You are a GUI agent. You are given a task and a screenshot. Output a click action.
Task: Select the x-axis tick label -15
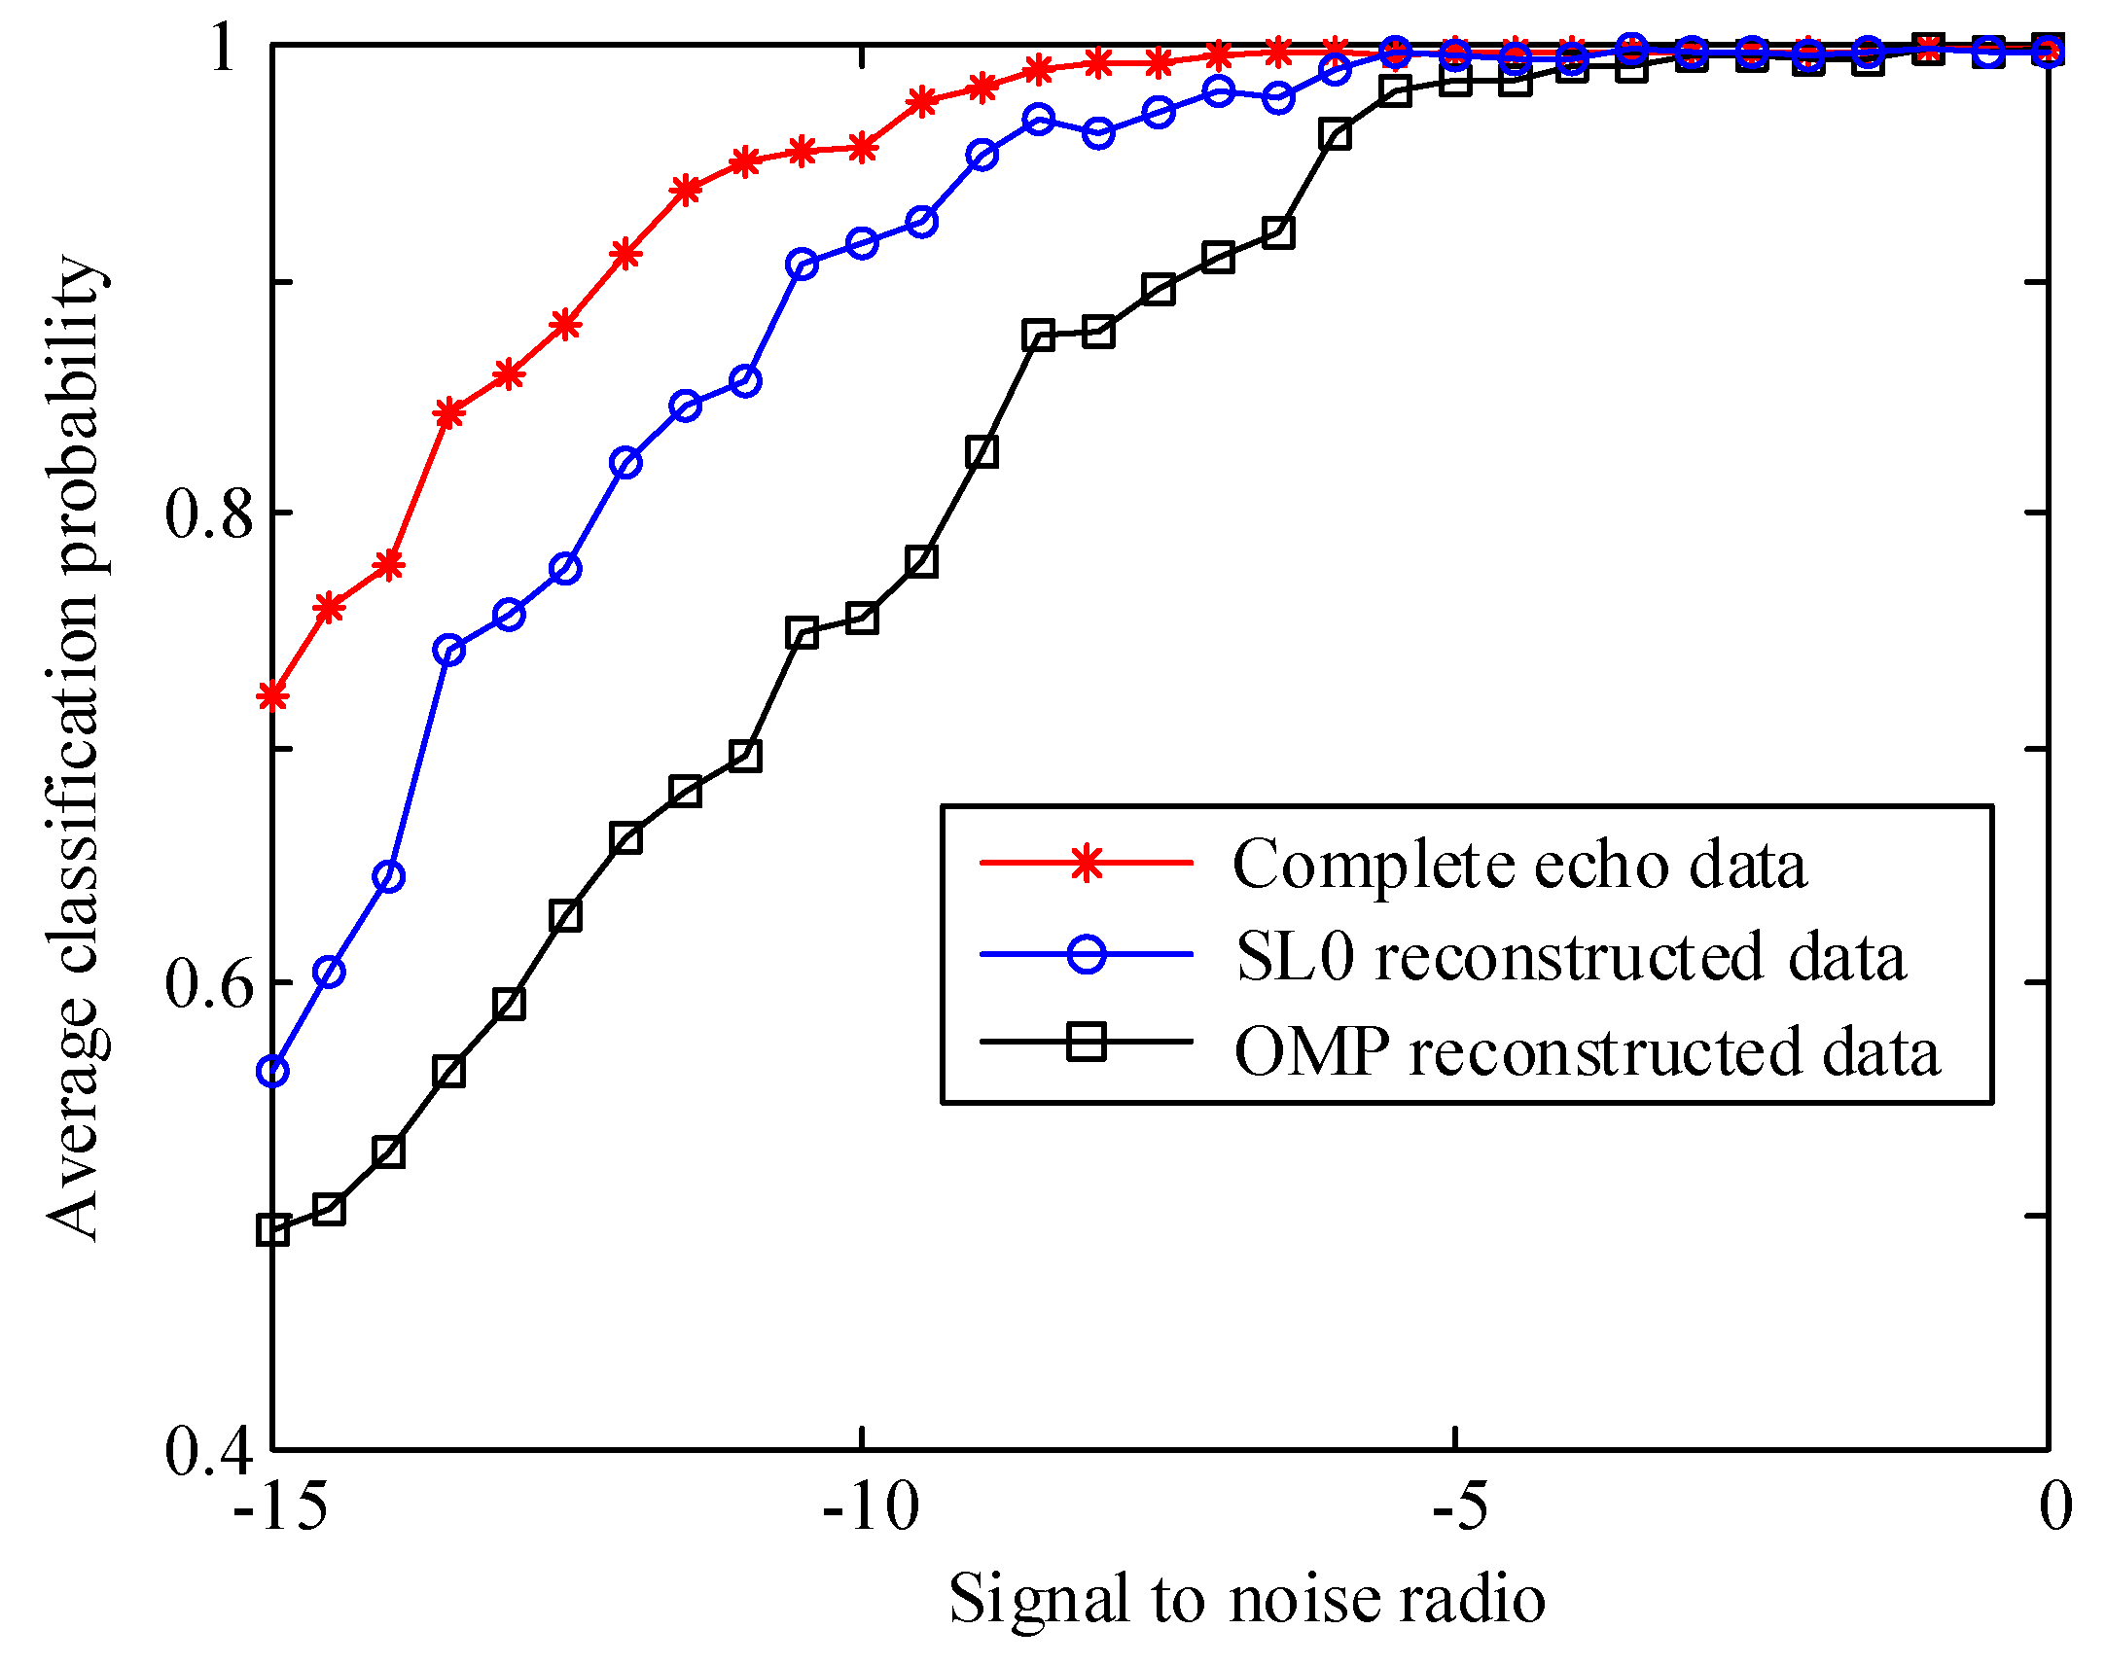[279, 1508]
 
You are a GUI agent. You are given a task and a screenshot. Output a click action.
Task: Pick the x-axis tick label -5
[1459, 1508]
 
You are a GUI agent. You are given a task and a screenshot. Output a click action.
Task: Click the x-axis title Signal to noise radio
[1247, 1599]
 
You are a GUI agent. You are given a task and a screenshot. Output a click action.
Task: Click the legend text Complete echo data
[1519, 865]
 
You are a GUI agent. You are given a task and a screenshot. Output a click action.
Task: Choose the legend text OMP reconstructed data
[1588, 1052]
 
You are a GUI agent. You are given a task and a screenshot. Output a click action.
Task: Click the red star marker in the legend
[1087, 864]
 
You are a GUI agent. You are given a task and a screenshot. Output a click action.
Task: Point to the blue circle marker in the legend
[1087, 953]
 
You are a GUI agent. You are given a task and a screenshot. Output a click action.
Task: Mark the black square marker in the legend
[1087, 1042]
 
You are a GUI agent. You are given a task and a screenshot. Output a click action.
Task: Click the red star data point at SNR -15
[273, 696]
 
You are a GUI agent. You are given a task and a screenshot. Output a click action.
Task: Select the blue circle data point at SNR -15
[273, 1072]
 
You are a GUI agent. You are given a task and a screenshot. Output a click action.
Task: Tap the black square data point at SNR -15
[273, 1230]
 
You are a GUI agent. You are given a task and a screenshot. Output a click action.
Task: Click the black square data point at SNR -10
[863, 618]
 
